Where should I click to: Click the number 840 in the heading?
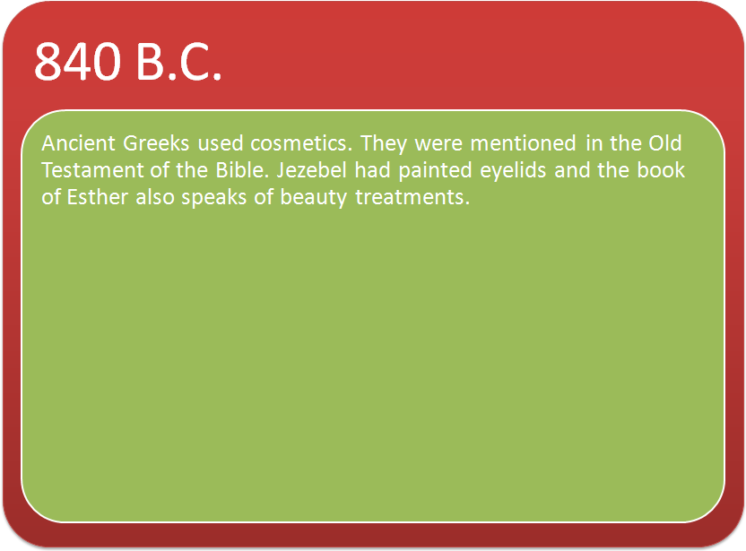tap(77, 61)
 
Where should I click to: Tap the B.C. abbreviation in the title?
tap(179, 63)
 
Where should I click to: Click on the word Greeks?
tap(156, 143)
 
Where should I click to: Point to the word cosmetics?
tap(301, 143)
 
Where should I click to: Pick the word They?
tap(384, 144)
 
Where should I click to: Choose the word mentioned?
tap(524, 143)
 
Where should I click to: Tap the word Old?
tap(665, 143)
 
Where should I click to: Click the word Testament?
tap(92, 170)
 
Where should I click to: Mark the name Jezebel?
tap(312, 170)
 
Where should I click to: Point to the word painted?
tap(436, 171)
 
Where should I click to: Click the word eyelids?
tap(513, 171)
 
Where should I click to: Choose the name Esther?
tap(98, 197)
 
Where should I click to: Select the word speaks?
tap(214, 198)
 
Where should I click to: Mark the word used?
tap(221, 143)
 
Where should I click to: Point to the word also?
tap(155, 197)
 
